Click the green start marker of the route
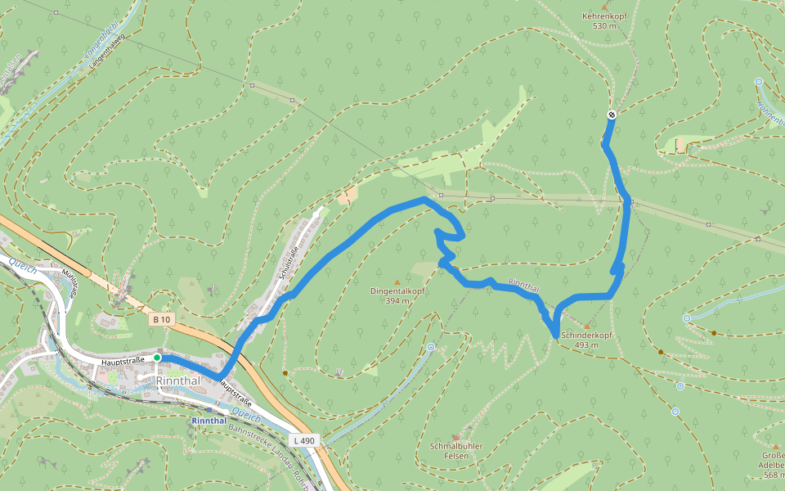click(157, 358)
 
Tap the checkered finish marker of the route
click(612, 115)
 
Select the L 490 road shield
click(305, 440)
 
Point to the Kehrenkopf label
click(604, 16)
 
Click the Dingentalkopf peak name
click(397, 291)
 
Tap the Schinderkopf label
click(586, 336)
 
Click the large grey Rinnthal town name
click(179, 381)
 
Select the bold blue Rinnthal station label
click(209, 421)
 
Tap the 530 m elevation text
click(604, 26)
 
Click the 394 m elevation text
click(397, 300)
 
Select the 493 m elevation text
click(586, 345)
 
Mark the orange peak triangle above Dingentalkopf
click(397, 281)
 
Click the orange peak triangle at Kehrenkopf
click(604, 7)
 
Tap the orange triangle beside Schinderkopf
click(586, 326)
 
